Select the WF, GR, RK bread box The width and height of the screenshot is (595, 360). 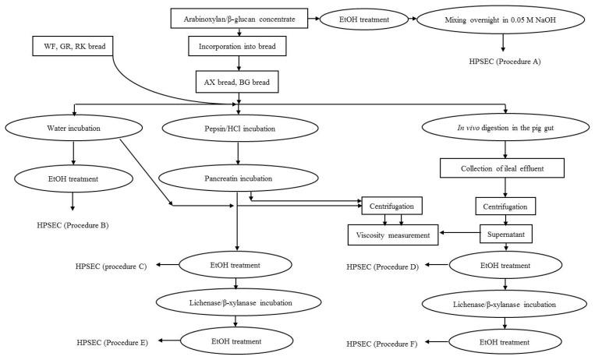tap(72, 46)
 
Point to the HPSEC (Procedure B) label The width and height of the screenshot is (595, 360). tap(72, 225)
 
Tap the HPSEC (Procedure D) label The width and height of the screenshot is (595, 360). tap(382, 266)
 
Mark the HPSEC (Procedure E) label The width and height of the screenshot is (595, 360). tap(114, 341)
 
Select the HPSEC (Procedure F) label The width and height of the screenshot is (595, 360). tap(383, 341)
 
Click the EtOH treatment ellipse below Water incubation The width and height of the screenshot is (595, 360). tap(72, 177)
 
